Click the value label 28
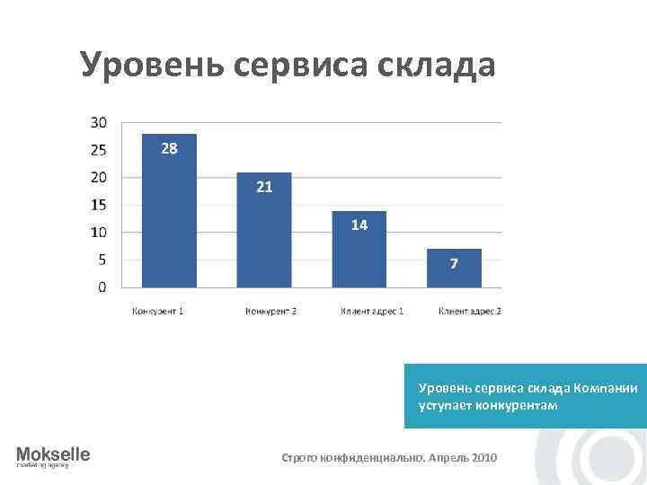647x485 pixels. (x=169, y=148)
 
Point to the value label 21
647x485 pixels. (x=264, y=187)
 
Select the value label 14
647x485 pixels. (x=359, y=225)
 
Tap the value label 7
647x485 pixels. (x=454, y=263)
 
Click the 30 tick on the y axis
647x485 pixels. (x=99, y=122)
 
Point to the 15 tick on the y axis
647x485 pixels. (x=99, y=205)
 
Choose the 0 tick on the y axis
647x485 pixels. (x=102, y=287)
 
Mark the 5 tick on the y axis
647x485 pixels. (x=102, y=260)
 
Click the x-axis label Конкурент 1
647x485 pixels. (x=158, y=312)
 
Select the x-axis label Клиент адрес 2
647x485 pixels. (x=469, y=312)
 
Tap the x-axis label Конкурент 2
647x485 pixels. (x=270, y=312)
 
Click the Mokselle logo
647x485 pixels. (x=53, y=456)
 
